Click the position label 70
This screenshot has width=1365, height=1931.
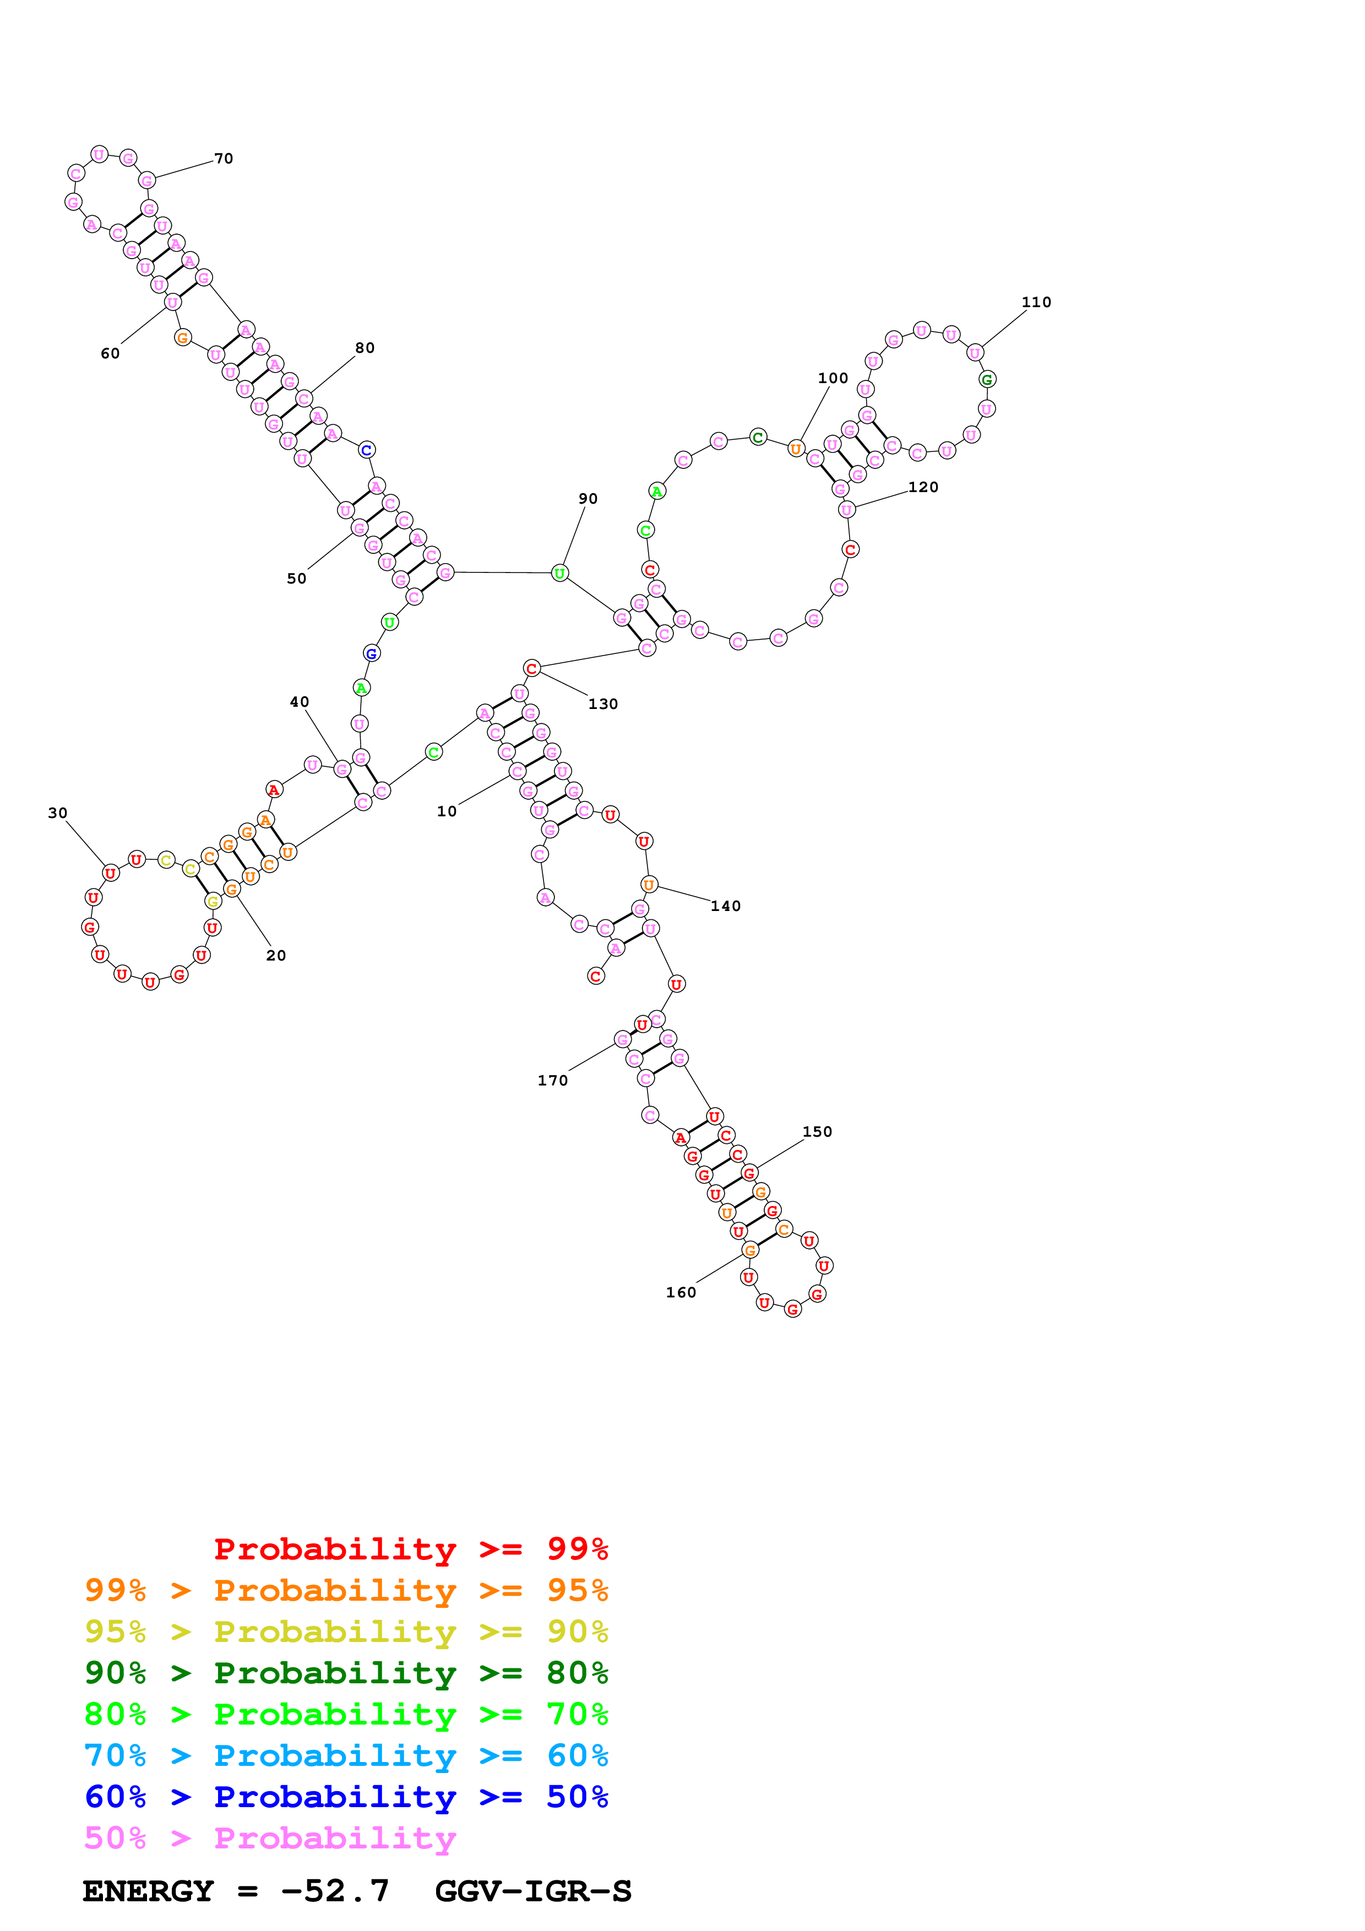tap(223, 158)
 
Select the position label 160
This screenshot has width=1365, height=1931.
tap(681, 1292)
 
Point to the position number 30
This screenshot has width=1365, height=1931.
tap(57, 812)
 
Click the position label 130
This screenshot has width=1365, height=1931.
tap(602, 704)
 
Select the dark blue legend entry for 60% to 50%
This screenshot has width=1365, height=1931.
tap(346, 1797)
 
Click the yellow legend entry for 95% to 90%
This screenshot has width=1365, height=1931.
tap(346, 1631)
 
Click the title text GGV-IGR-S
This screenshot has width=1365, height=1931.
tap(532, 1891)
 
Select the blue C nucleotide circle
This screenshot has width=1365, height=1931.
tap(367, 450)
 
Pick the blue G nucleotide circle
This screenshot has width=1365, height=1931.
tap(371, 653)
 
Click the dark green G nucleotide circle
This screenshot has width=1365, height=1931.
tap(987, 379)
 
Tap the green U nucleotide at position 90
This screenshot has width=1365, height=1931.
tap(559, 574)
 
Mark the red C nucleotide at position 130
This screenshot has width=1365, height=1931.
tap(531, 668)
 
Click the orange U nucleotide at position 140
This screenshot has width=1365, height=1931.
tap(649, 884)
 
